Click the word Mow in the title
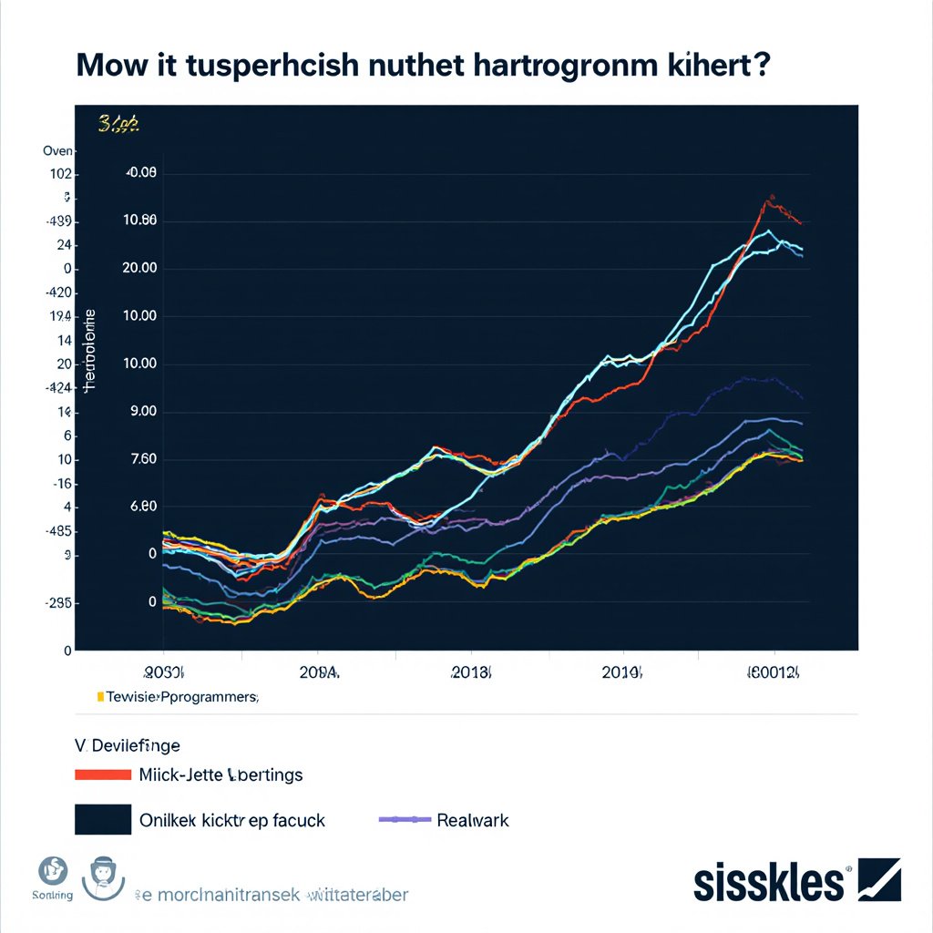tap(108, 67)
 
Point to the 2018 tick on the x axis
tap(471, 673)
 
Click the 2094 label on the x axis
tap(318, 673)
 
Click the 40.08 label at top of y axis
tap(142, 173)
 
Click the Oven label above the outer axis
tap(58, 150)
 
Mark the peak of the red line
tap(771, 197)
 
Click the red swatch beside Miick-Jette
tap(101, 775)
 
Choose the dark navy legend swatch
tap(101, 819)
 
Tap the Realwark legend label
tap(473, 820)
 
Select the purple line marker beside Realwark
tap(404, 820)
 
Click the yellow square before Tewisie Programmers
tap(99, 697)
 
